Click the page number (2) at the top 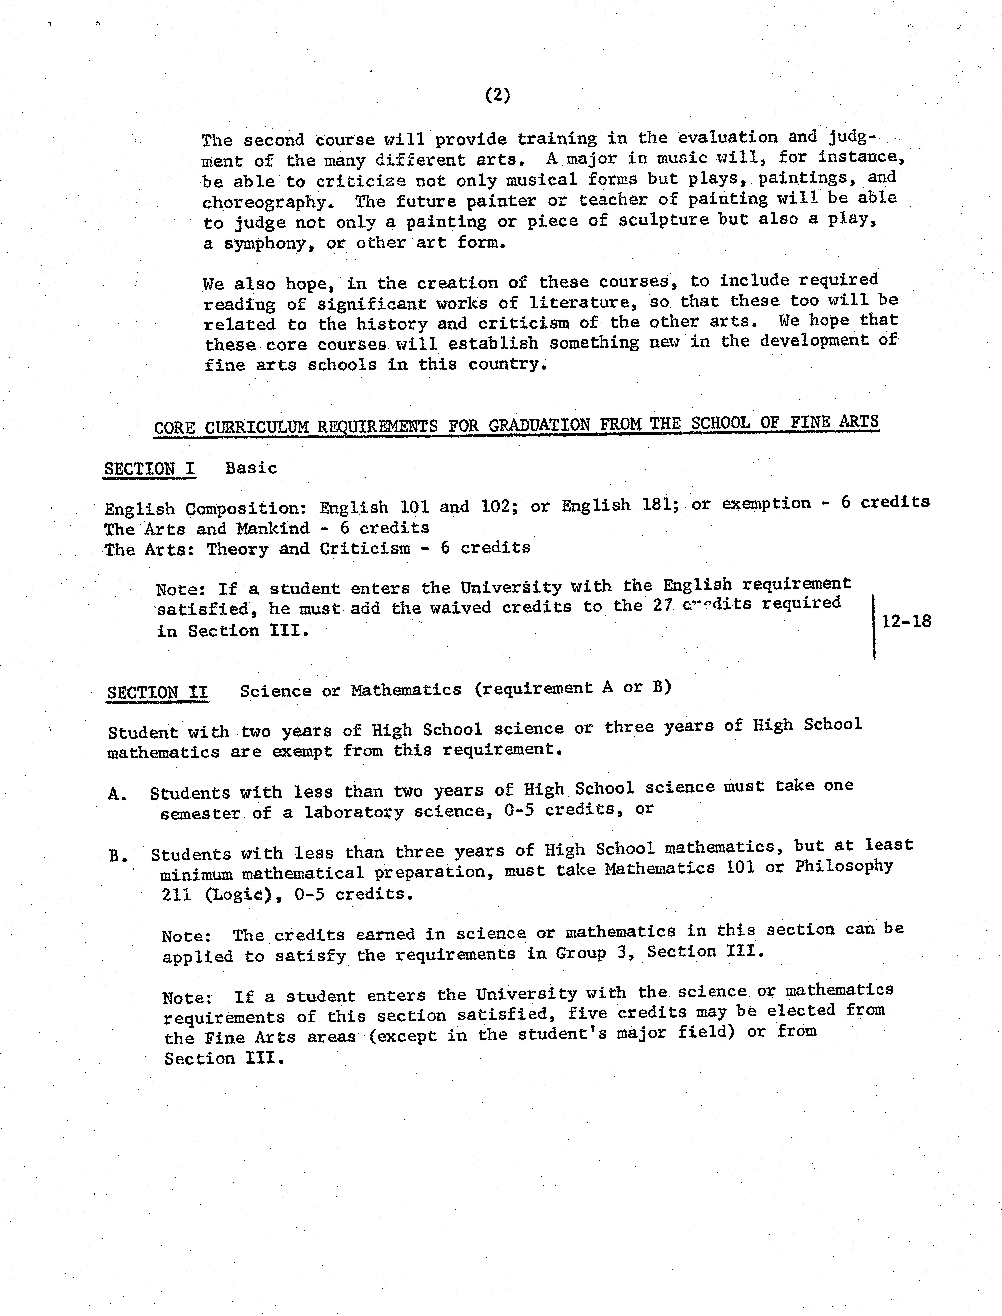click(x=498, y=95)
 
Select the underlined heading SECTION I click(x=150, y=469)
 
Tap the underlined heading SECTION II click(x=157, y=692)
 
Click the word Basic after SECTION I click(x=251, y=468)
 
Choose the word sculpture click(x=663, y=220)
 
